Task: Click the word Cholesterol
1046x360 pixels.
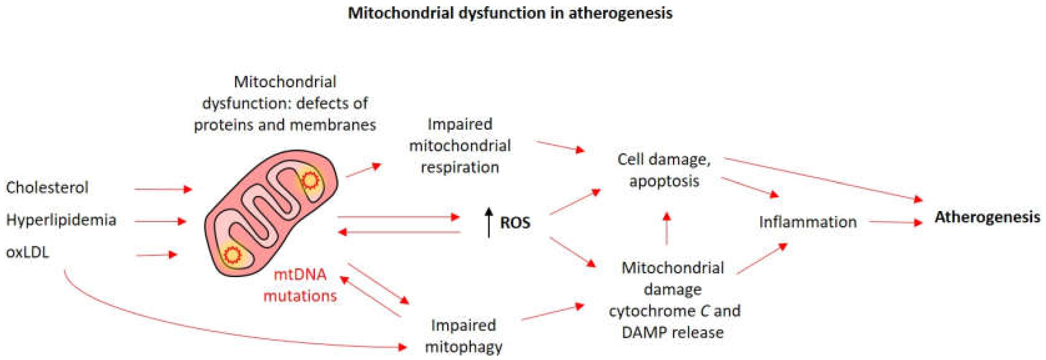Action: pyautogui.click(x=47, y=188)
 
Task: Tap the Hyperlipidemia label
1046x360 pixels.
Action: pyautogui.click(x=61, y=220)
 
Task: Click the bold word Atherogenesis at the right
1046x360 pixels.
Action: pyautogui.click(x=987, y=217)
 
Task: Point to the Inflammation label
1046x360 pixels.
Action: pyautogui.click(x=808, y=222)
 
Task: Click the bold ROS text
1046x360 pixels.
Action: pyautogui.click(x=515, y=223)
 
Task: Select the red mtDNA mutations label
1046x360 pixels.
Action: pyautogui.click(x=300, y=285)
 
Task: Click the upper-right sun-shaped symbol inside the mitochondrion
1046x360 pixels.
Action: pyautogui.click(x=310, y=180)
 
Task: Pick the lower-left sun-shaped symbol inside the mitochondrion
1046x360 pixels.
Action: pyautogui.click(x=233, y=255)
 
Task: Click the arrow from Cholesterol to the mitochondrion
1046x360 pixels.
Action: pyautogui.click(x=162, y=189)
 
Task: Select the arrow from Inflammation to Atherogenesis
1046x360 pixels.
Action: pyautogui.click(x=895, y=222)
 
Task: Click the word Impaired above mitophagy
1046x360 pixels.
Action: pyautogui.click(x=463, y=325)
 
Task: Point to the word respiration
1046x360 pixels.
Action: pyautogui.click(x=460, y=167)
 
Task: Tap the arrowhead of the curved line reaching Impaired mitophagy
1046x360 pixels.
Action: pyautogui.click(x=402, y=347)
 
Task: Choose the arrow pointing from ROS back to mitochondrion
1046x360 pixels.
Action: pyautogui.click(x=400, y=232)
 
